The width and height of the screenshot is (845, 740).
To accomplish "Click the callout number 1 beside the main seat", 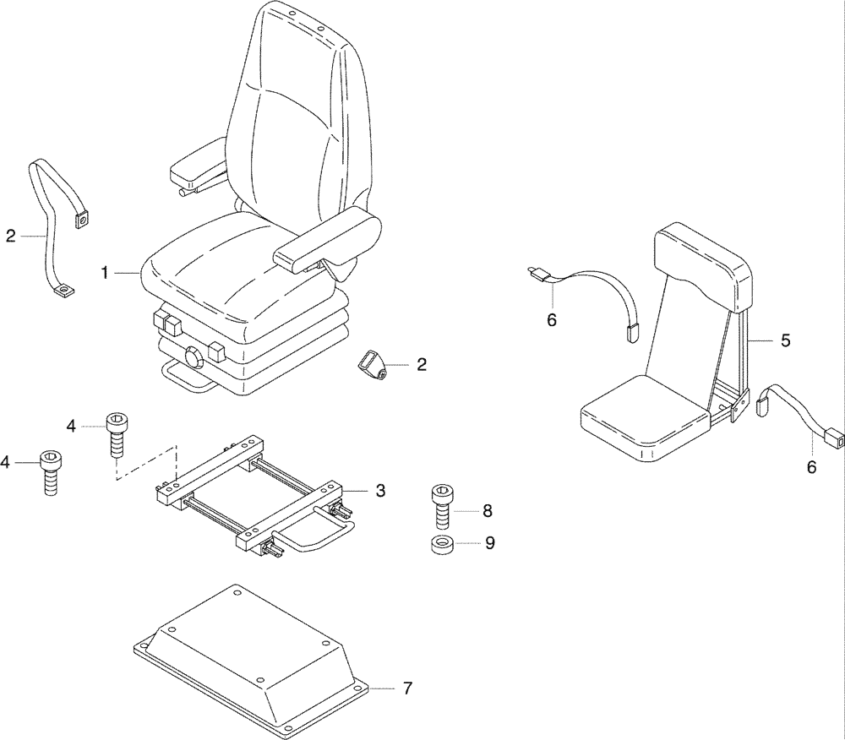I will click(x=105, y=273).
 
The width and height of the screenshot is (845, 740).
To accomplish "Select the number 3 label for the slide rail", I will click(x=380, y=490).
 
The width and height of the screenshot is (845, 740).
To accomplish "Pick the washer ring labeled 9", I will click(x=439, y=544).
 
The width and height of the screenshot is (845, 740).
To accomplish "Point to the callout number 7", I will click(x=406, y=688).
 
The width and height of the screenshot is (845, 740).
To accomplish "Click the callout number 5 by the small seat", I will click(x=785, y=340).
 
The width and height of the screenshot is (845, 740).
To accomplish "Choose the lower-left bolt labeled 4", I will click(x=52, y=471).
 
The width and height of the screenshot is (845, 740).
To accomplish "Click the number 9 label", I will click(x=489, y=543).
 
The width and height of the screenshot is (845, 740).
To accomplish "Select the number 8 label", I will click(x=488, y=510).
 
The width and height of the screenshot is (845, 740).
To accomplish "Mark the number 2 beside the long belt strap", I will click(x=10, y=237).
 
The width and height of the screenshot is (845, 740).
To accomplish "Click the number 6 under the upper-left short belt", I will click(x=552, y=319).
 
